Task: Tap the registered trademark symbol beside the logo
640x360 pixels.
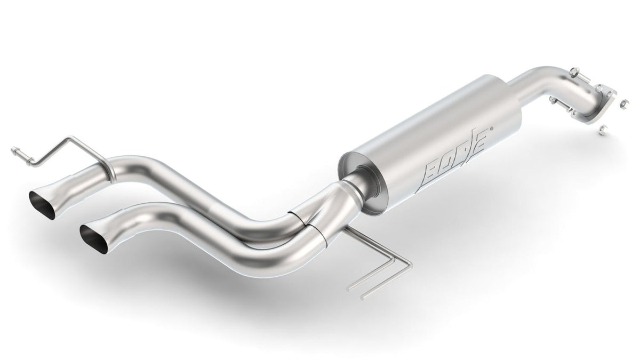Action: [x=491, y=129]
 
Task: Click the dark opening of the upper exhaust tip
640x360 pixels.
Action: [x=42, y=205]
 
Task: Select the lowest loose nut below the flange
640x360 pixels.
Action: [x=602, y=130]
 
